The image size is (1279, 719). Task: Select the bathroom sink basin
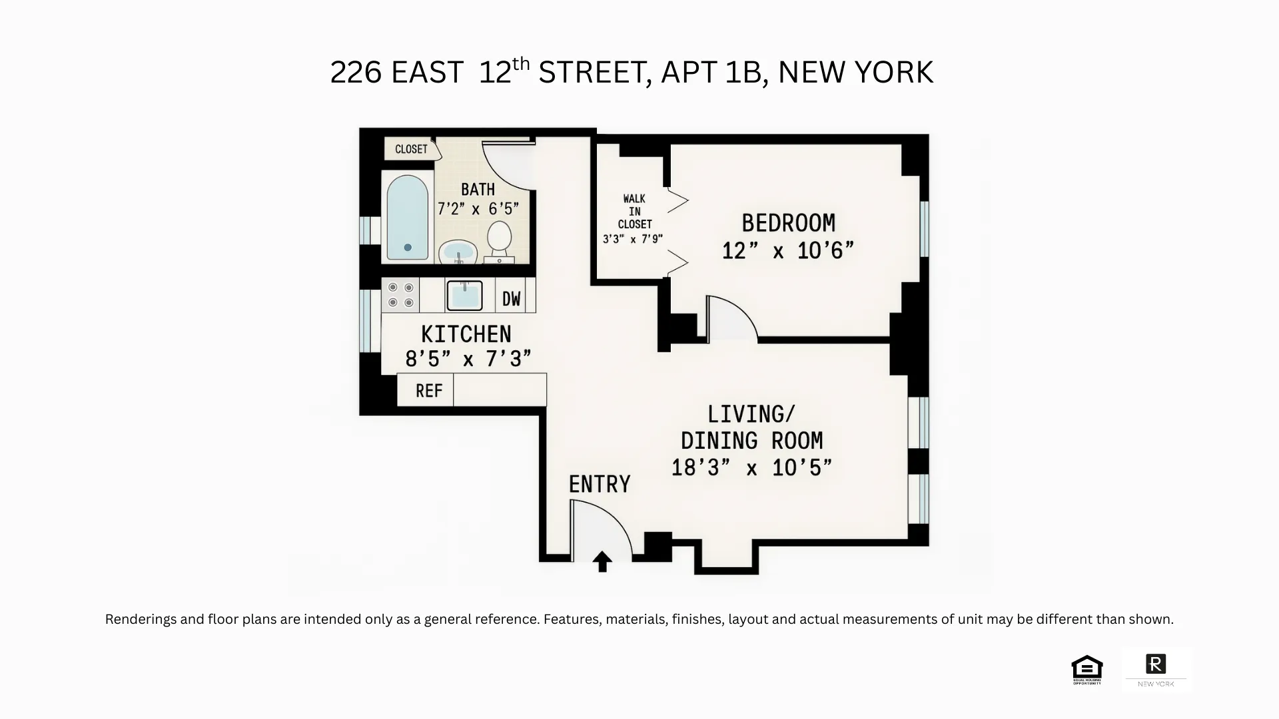coord(458,252)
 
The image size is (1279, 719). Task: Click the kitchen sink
coord(464,296)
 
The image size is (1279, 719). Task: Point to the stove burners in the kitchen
coord(400,295)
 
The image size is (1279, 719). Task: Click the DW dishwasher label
coord(511,299)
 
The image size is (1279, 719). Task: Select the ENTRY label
coord(600,484)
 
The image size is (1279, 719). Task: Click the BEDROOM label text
coord(788,223)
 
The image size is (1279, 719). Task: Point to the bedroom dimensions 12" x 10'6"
coord(788,251)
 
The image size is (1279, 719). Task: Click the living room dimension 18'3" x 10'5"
coord(751,468)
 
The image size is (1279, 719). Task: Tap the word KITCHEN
coord(466,334)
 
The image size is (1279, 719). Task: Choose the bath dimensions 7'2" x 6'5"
coord(478,209)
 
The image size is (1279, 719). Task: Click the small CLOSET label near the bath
coord(411,149)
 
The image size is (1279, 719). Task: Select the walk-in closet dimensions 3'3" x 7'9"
coord(633,239)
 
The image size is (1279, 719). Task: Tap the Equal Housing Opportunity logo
coord(1087,670)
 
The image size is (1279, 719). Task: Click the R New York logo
coord(1156,669)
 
